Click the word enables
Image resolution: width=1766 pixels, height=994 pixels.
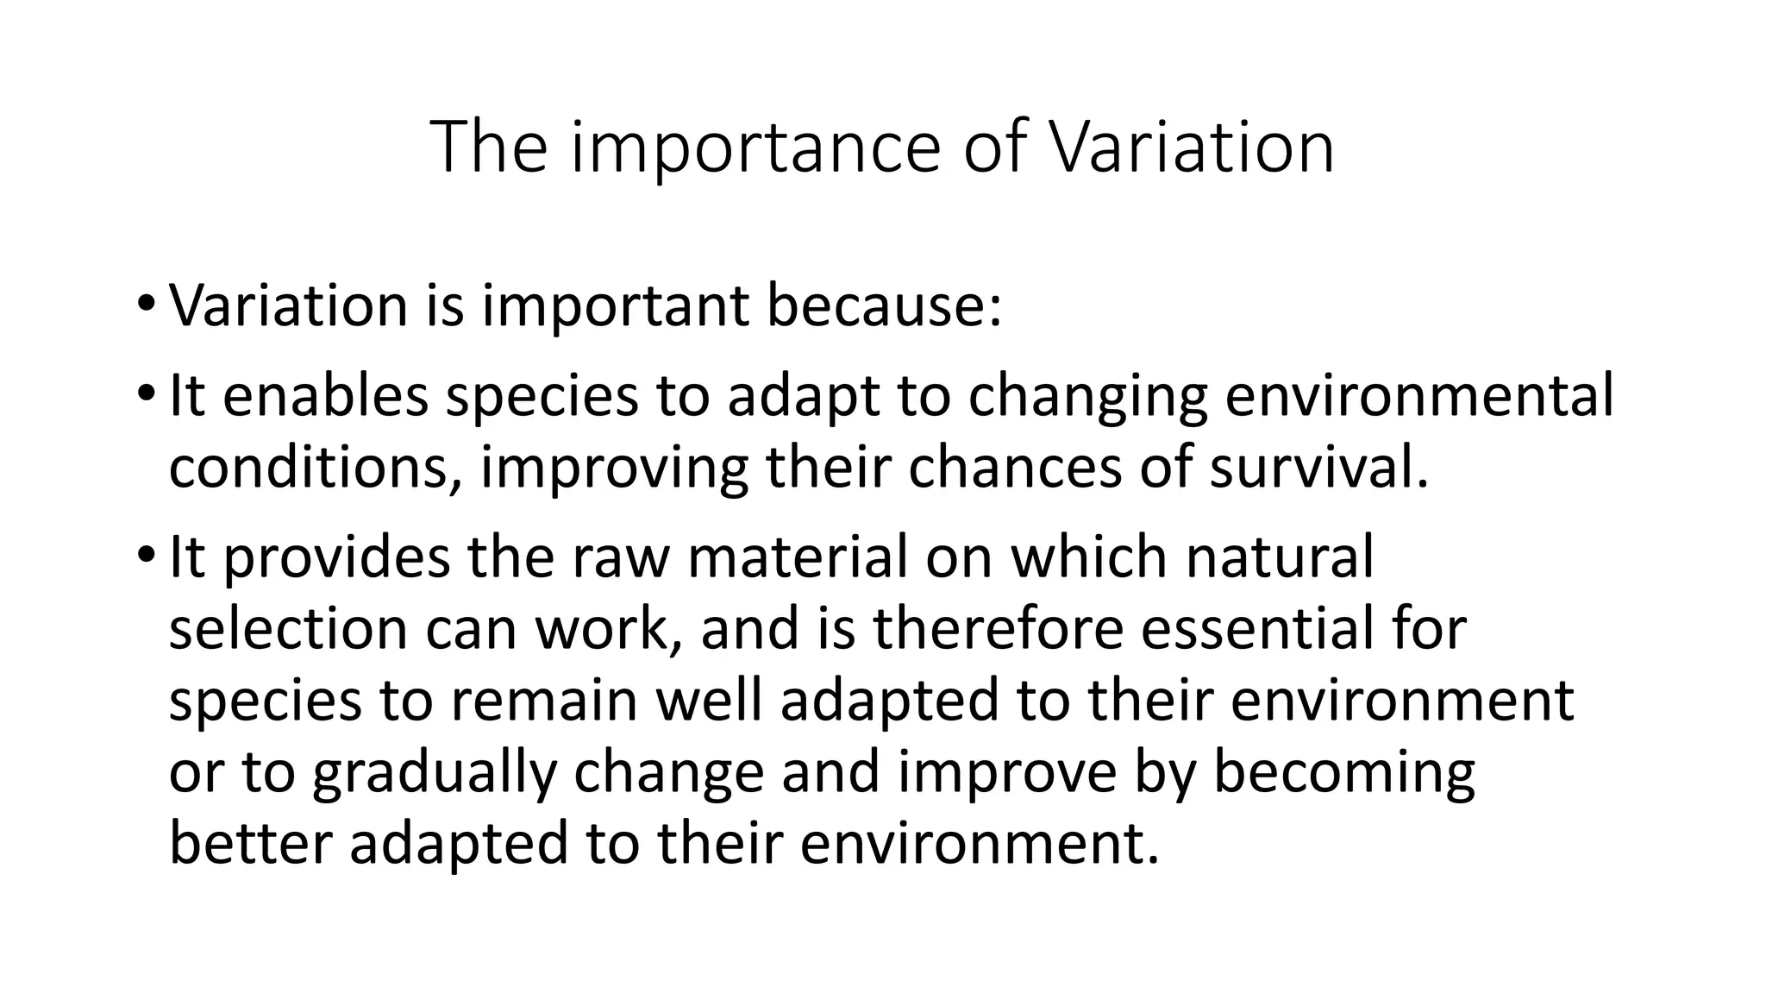coord(325,396)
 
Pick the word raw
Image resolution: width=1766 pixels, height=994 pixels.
coord(619,557)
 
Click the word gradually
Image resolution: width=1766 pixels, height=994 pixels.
coord(435,773)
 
